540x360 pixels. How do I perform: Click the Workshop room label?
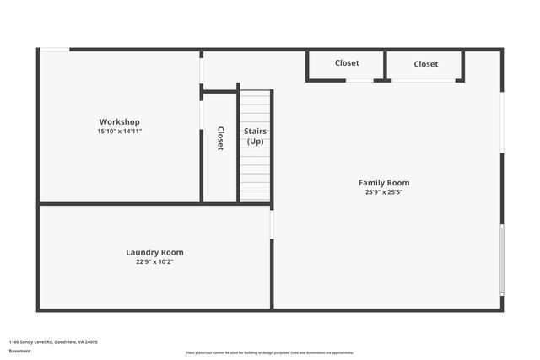click(x=119, y=121)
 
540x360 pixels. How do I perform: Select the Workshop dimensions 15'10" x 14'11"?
click(x=119, y=132)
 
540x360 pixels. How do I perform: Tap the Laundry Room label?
click(x=154, y=252)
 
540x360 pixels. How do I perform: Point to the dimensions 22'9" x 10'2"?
click(x=154, y=262)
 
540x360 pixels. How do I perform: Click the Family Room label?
click(x=384, y=182)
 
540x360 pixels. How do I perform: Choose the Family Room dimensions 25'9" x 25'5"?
click(x=384, y=192)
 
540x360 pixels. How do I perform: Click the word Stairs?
click(x=255, y=132)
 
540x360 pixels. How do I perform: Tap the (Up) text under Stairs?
click(x=255, y=142)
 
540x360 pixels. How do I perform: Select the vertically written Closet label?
click(x=220, y=138)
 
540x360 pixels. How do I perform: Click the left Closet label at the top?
click(x=347, y=63)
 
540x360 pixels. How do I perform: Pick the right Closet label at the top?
click(x=426, y=64)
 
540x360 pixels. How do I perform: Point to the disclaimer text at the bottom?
click(x=270, y=353)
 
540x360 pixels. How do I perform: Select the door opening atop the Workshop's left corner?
click(x=55, y=50)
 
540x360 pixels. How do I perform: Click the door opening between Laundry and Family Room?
click(x=272, y=224)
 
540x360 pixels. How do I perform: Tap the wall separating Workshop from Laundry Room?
click(x=119, y=203)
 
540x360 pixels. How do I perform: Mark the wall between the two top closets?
click(x=386, y=66)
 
